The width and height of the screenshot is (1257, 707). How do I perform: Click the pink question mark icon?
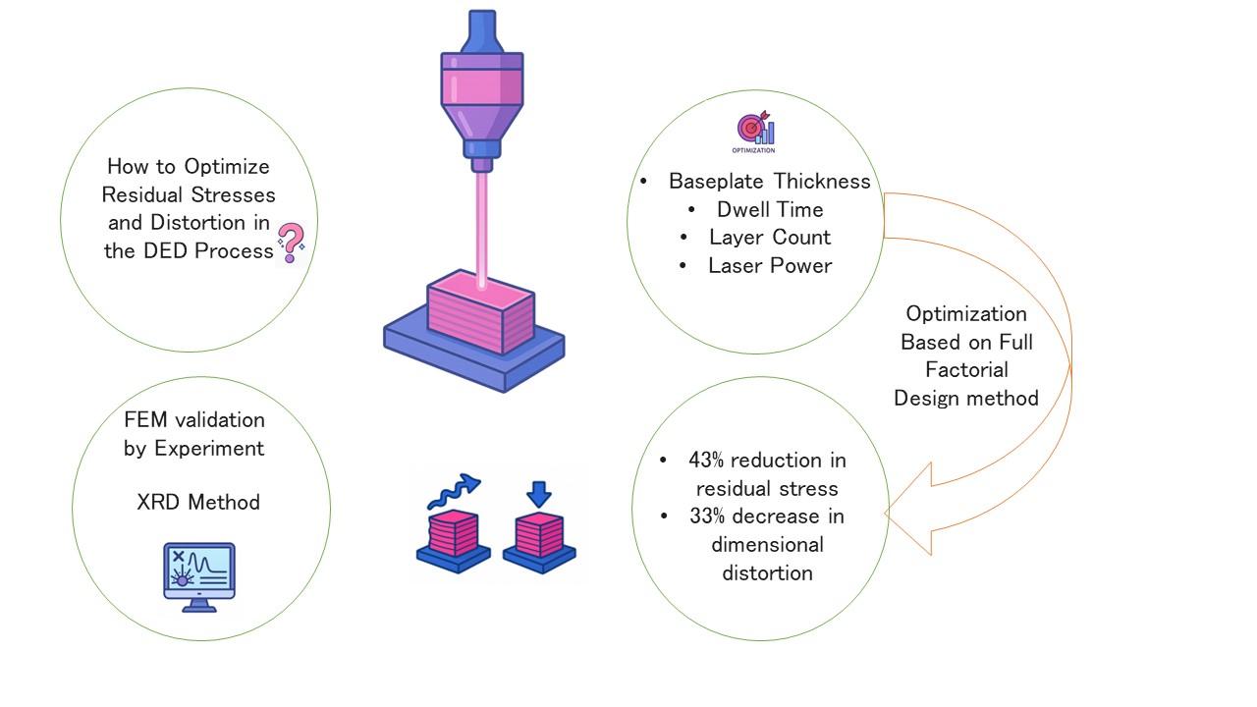point(292,243)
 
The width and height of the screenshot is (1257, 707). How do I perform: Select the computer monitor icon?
point(199,576)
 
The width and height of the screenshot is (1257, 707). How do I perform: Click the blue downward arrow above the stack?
point(539,494)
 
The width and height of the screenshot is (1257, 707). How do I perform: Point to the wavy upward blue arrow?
point(454,492)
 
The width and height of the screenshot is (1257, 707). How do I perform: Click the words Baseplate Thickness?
point(769,182)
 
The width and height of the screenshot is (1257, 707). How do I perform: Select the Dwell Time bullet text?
point(770,209)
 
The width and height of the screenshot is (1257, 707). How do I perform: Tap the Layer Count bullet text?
point(769,238)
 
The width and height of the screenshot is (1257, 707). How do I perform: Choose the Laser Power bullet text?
point(770,265)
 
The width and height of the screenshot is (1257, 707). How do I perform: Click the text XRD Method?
point(198,502)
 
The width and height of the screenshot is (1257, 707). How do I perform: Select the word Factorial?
point(966,370)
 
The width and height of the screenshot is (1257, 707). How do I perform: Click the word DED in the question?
point(165,250)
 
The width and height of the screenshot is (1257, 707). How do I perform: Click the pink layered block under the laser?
point(480,312)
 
